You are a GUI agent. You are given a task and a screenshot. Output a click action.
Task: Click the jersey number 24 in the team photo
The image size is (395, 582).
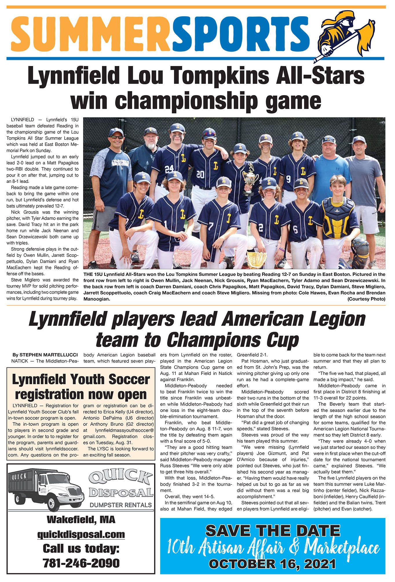coord(169,169)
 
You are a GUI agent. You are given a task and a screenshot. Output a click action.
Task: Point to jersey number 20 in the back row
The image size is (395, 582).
coord(200,174)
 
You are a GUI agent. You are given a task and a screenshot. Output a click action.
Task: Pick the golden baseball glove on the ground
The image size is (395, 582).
coord(257,259)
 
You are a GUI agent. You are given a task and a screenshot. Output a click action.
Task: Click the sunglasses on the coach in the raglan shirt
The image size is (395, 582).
coord(116,137)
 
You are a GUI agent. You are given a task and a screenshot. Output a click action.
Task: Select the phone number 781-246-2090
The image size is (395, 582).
coord(81,563)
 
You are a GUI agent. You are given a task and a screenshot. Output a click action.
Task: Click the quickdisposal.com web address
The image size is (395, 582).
coord(81,534)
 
